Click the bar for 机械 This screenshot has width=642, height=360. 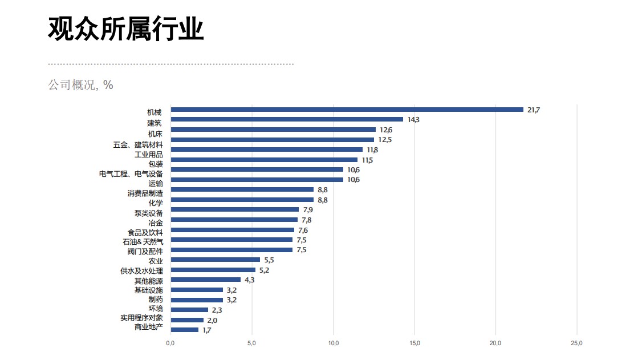[x=347, y=110]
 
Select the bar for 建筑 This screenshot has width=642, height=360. [x=287, y=119]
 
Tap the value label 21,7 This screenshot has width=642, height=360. [x=533, y=110]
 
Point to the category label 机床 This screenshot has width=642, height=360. [x=155, y=134]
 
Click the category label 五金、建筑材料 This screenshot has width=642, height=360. [x=138, y=145]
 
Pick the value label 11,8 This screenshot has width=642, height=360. [x=372, y=149]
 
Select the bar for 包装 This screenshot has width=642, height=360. [x=264, y=160]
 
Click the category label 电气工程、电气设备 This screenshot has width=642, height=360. [x=131, y=173]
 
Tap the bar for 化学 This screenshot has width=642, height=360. [x=242, y=200]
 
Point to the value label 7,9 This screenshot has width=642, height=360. [x=308, y=210]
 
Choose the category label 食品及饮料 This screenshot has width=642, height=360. [x=145, y=233]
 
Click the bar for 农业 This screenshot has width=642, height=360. [x=215, y=260]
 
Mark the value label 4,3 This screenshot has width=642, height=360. [x=250, y=280]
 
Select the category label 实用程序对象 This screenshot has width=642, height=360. [x=141, y=318]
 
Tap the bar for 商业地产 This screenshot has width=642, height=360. [x=184, y=330]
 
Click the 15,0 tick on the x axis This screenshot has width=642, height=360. [x=415, y=343]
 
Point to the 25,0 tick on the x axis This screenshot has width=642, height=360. [x=577, y=343]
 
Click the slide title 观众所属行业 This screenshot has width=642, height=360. [x=125, y=29]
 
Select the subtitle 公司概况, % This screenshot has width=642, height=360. [x=80, y=85]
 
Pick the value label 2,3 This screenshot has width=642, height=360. [x=217, y=310]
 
